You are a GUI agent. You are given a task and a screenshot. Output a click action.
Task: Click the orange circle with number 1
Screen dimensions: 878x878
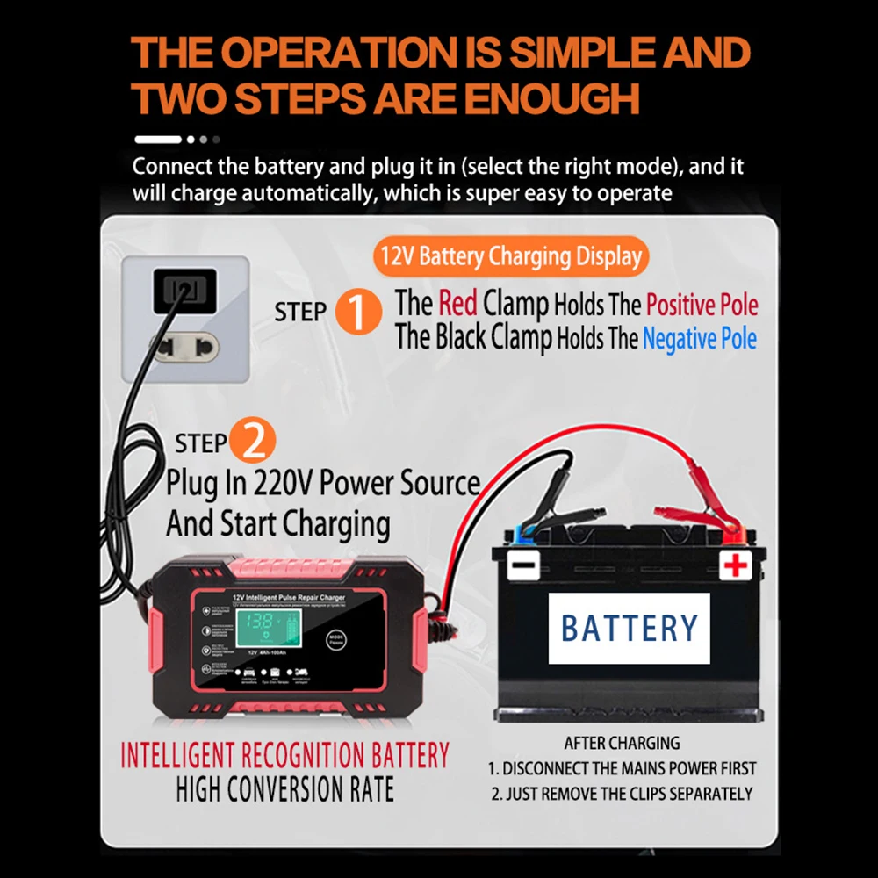[x=359, y=311]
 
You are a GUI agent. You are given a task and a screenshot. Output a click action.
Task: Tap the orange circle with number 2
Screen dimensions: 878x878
[x=253, y=442]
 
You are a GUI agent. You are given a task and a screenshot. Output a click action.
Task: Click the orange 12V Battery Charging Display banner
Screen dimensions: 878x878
[x=511, y=256]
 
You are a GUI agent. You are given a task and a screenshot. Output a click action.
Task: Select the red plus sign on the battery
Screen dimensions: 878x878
[x=735, y=566]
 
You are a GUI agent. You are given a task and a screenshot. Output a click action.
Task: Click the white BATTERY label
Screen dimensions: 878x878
[x=629, y=628]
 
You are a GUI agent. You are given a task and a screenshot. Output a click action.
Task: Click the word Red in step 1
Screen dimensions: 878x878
[x=457, y=305]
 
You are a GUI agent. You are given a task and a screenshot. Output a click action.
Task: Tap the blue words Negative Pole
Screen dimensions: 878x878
[x=699, y=339]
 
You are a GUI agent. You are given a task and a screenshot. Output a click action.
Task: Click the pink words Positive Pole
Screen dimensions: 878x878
[x=702, y=306]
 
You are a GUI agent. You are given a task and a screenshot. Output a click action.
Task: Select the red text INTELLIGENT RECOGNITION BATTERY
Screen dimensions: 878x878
[x=284, y=756]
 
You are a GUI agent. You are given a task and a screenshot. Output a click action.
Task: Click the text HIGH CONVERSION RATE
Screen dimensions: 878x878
[x=284, y=788]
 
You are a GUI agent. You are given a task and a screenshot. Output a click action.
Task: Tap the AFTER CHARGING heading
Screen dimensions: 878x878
[x=622, y=743]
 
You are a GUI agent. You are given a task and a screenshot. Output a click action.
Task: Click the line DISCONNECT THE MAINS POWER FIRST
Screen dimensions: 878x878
[x=623, y=768]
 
